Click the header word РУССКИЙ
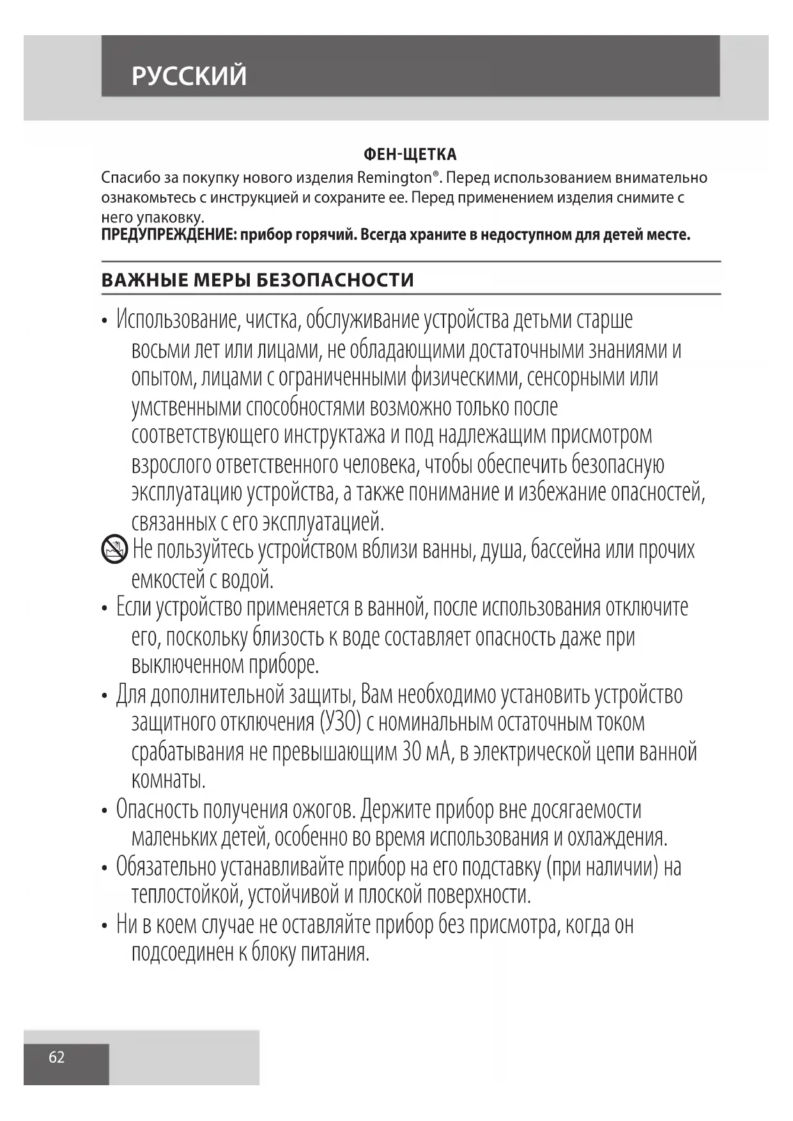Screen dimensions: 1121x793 189,76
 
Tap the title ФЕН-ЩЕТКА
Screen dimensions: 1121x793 410,155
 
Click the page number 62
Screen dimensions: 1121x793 57,1057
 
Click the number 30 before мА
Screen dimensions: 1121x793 411,752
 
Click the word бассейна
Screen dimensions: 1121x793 565,550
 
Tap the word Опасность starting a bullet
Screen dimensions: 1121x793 157,810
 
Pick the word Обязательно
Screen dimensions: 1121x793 166,867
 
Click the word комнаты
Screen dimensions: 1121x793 169,780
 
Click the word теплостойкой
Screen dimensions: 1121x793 187,895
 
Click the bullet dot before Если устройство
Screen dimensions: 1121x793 104,608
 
